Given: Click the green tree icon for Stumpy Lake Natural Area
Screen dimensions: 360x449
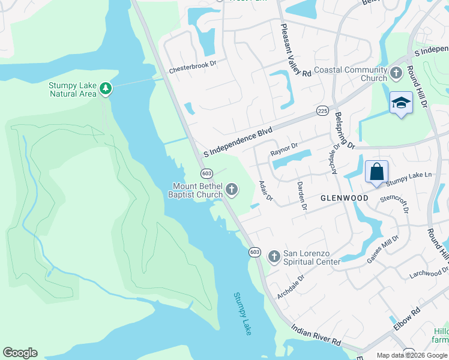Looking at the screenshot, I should tap(106, 89).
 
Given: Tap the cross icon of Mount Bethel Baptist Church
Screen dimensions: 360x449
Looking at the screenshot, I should tap(232, 191).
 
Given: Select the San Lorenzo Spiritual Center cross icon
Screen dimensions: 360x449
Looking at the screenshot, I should tap(274, 257).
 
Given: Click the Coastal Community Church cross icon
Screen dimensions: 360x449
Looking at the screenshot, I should tap(396, 74).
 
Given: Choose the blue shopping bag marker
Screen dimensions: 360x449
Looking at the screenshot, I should tap(376, 172).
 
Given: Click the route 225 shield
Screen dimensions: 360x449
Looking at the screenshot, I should tap(322, 111).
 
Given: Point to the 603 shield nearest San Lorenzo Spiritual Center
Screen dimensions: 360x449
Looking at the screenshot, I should tap(255, 252).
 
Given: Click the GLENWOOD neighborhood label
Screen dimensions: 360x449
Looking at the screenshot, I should tap(344, 198).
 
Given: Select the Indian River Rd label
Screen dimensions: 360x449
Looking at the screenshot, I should tap(316, 335).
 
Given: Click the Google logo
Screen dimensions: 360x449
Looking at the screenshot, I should tap(20, 353).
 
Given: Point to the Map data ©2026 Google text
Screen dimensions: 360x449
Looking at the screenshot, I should tap(411, 355).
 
